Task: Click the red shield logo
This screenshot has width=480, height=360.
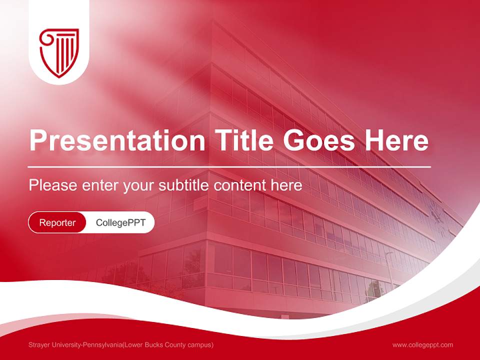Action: [x=59, y=52]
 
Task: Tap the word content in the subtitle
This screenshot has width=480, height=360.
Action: [x=240, y=185]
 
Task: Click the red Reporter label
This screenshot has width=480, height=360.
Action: [x=57, y=222]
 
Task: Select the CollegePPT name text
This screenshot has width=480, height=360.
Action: [x=120, y=222]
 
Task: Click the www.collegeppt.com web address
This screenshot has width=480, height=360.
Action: [x=422, y=344]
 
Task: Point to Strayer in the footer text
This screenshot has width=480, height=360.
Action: [x=39, y=344]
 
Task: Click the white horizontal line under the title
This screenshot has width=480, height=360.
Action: [x=229, y=166]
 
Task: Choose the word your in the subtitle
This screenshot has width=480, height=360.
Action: [x=139, y=185]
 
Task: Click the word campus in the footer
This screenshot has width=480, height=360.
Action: [x=200, y=344]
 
